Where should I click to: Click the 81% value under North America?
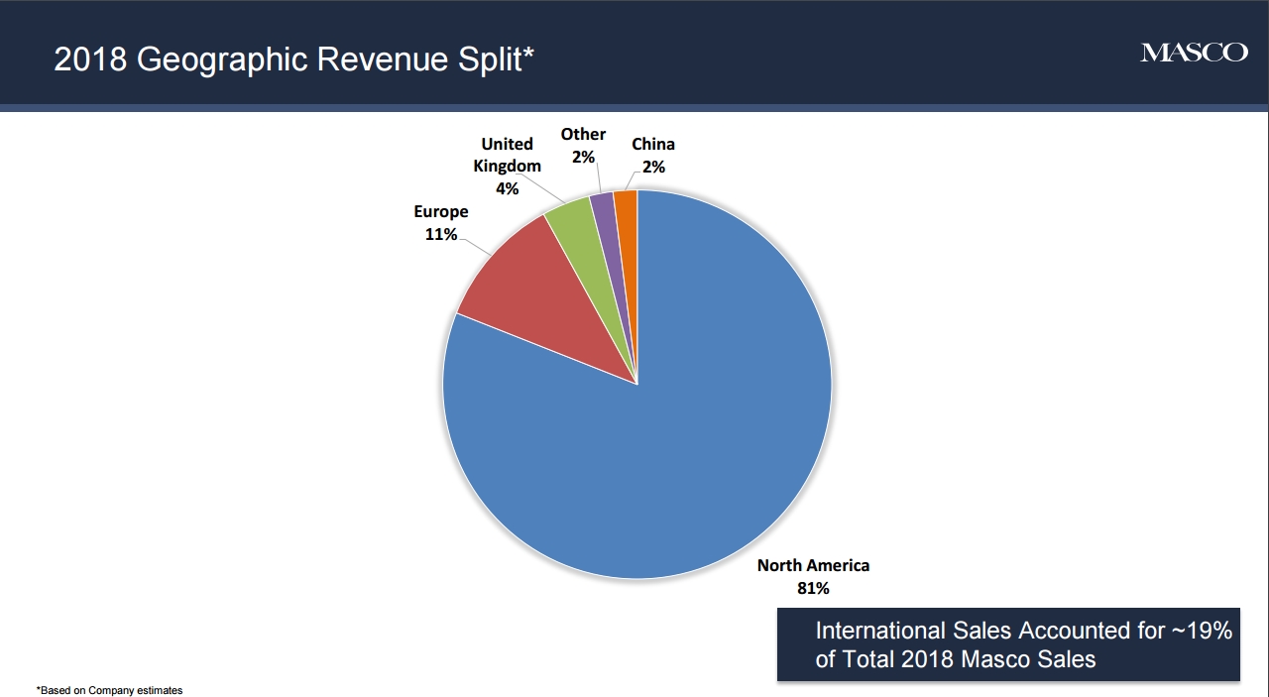[813, 588]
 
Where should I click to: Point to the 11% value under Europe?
[441, 235]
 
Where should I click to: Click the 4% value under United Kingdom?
[507, 188]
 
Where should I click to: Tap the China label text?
[653, 145]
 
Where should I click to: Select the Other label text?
[583, 134]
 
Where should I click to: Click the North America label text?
[813, 565]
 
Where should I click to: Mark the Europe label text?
[441, 212]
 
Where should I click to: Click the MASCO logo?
[1194, 53]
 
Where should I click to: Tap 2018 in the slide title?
[91, 59]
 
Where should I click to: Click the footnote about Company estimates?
[110, 690]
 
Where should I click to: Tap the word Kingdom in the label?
[507, 166]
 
